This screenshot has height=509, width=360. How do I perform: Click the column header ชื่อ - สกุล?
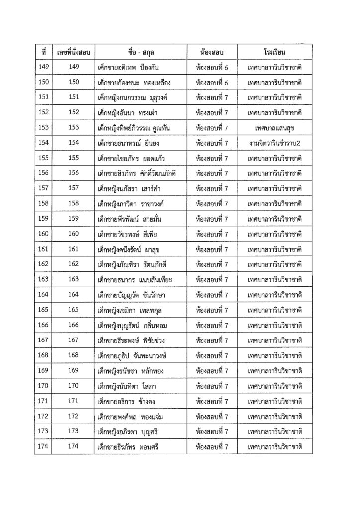(142, 51)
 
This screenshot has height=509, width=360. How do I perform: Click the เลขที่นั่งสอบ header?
(74, 51)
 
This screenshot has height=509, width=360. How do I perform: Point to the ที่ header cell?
(43, 51)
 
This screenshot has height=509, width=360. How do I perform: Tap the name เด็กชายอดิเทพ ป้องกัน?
(128, 67)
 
